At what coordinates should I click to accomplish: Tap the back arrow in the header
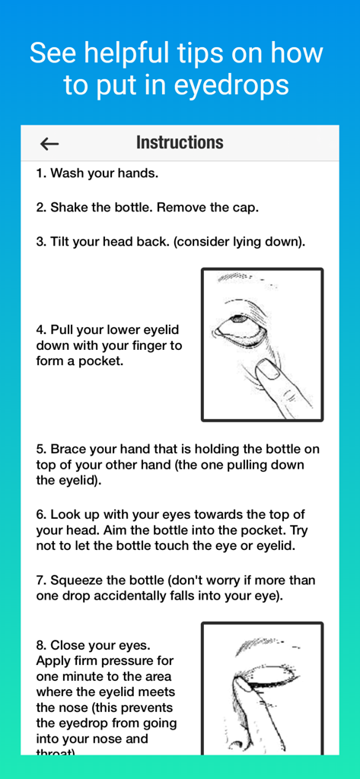[x=49, y=144]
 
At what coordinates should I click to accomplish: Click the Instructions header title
[x=180, y=143]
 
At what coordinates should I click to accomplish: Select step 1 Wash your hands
[x=97, y=173]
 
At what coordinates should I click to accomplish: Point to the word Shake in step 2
[x=69, y=208]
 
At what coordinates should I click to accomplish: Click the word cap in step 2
[x=246, y=208]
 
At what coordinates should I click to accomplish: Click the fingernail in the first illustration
[x=267, y=370]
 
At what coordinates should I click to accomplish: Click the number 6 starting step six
[x=40, y=515]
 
